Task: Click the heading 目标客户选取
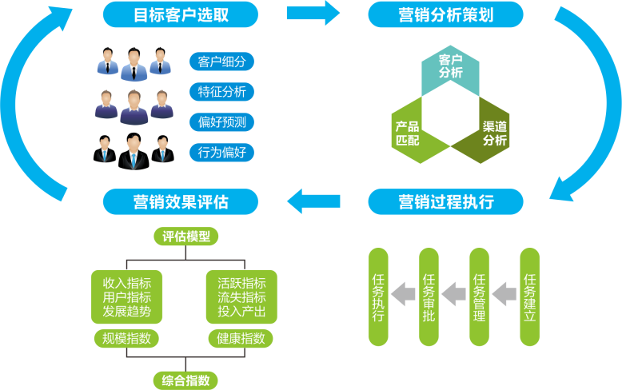tap(181, 14)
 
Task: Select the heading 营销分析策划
tap(445, 14)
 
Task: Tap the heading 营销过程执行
tap(445, 201)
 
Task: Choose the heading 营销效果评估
tap(181, 201)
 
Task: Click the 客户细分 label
tap(221, 62)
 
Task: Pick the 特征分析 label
tap(221, 92)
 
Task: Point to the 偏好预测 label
tap(221, 122)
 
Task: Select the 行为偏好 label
tap(221, 152)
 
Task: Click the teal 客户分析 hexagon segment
tap(451, 67)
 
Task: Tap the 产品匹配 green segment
tap(408, 132)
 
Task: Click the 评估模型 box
tap(185, 237)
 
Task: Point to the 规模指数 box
tap(126, 338)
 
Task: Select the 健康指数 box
tap(240, 338)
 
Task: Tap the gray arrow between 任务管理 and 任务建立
tap(504, 294)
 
